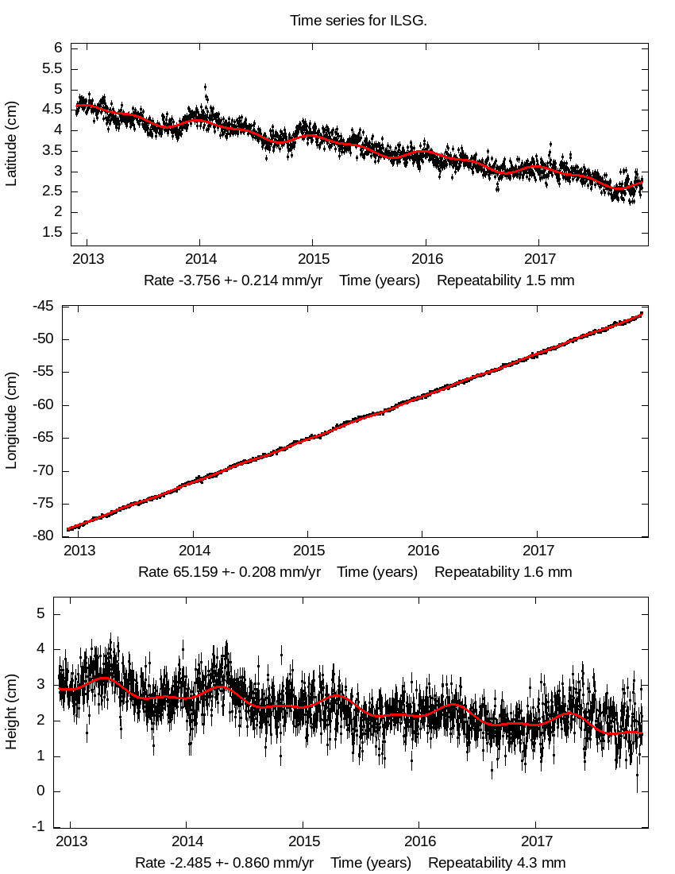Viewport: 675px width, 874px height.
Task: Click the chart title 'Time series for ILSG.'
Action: pyautogui.click(x=358, y=21)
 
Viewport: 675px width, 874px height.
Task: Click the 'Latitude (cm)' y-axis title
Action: pyautogui.click(x=11, y=144)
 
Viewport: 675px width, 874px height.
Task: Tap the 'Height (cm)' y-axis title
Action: pyautogui.click(x=11, y=710)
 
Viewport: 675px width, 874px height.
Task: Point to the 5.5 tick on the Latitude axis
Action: pyautogui.click(x=52, y=69)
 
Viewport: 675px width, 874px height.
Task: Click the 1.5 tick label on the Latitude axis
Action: pyautogui.click(x=52, y=233)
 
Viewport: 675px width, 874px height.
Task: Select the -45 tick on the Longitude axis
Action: pyautogui.click(x=44, y=307)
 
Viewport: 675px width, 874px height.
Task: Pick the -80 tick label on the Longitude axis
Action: pyautogui.click(x=44, y=536)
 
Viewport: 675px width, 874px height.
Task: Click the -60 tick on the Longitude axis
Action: pyautogui.click(x=44, y=405)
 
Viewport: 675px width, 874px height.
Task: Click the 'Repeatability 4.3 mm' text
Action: pyautogui.click(x=497, y=863)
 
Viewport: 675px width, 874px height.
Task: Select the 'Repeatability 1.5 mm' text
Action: pyautogui.click(x=505, y=280)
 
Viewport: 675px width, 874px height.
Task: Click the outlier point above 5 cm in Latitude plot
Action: pyautogui.click(x=206, y=87)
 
